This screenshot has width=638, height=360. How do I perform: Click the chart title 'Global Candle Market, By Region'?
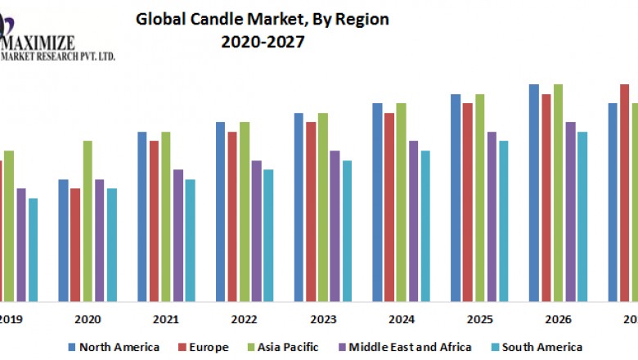tap(262, 18)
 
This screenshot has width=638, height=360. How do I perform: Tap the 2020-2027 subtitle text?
tap(262, 42)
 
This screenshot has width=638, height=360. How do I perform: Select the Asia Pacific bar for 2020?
tap(88, 221)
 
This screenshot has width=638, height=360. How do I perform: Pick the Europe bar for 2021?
tap(154, 221)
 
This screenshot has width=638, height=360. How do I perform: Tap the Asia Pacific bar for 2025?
tap(480, 197)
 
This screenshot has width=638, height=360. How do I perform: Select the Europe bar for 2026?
tap(546, 197)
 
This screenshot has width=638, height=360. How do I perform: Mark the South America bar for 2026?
tap(582, 216)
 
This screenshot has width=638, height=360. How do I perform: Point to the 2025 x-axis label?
tap(480, 319)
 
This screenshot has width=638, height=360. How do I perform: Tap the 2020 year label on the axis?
tap(88, 319)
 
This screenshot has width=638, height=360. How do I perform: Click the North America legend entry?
tap(115, 347)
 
